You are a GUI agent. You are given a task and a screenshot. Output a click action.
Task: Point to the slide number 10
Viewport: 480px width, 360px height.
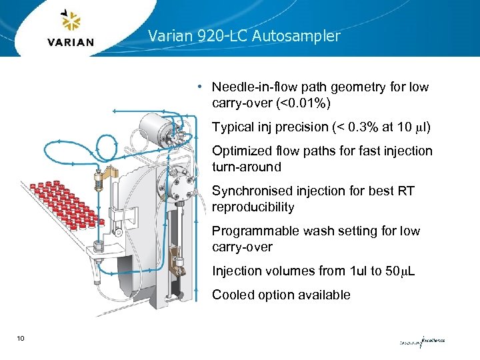tap(21, 339)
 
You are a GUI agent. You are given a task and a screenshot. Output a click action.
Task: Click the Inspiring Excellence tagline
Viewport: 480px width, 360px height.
tap(421, 341)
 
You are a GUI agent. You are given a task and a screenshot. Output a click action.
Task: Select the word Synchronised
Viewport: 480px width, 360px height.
tap(248, 191)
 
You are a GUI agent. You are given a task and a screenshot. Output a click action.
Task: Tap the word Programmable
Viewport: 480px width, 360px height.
tap(254, 231)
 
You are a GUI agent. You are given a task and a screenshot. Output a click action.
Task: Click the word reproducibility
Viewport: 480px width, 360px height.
tap(253, 207)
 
